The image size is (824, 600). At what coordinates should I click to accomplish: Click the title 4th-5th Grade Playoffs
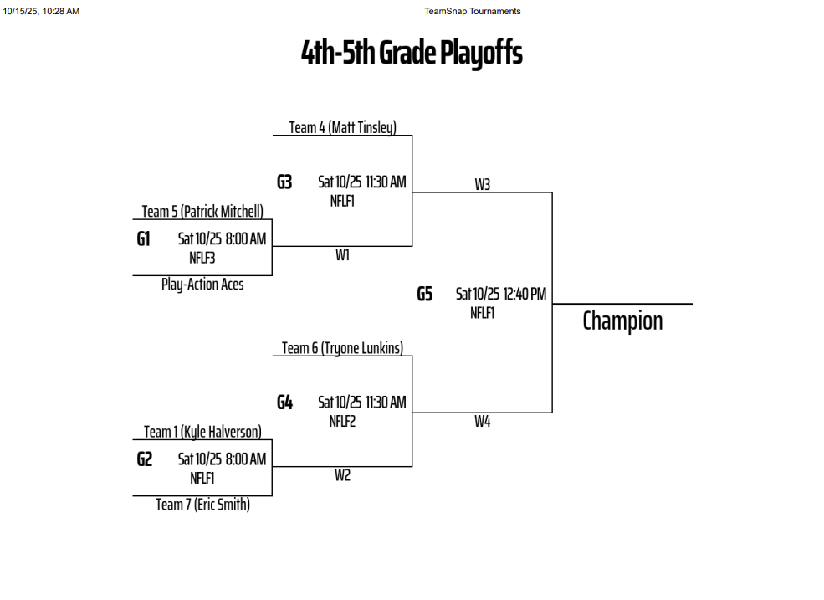412,54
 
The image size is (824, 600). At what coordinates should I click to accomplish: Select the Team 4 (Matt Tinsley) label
342,127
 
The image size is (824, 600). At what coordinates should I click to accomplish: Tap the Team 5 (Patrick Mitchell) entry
202,211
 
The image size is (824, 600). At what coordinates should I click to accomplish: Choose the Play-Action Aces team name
202,285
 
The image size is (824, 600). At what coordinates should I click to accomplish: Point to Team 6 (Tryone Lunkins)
342,348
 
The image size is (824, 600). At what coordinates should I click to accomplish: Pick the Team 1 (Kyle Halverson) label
202,432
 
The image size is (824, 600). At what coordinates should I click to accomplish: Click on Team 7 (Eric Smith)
202,505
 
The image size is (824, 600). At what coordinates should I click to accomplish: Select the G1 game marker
144,239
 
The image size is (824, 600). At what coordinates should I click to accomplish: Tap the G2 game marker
145,459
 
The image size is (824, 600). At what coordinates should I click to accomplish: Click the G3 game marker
284,182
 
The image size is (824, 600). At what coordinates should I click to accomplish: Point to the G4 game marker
284,403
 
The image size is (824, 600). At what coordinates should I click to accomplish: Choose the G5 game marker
425,294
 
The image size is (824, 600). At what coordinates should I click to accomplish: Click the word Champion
622,321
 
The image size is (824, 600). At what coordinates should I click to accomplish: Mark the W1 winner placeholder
342,255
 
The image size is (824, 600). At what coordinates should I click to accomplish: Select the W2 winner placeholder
342,475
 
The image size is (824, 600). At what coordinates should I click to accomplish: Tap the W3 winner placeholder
482,184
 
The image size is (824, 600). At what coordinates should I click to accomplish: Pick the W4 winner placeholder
482,422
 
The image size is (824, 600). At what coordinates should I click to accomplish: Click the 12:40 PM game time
525,294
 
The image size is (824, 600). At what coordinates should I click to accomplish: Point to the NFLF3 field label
202,258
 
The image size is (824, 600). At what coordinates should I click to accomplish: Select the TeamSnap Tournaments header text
472,11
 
